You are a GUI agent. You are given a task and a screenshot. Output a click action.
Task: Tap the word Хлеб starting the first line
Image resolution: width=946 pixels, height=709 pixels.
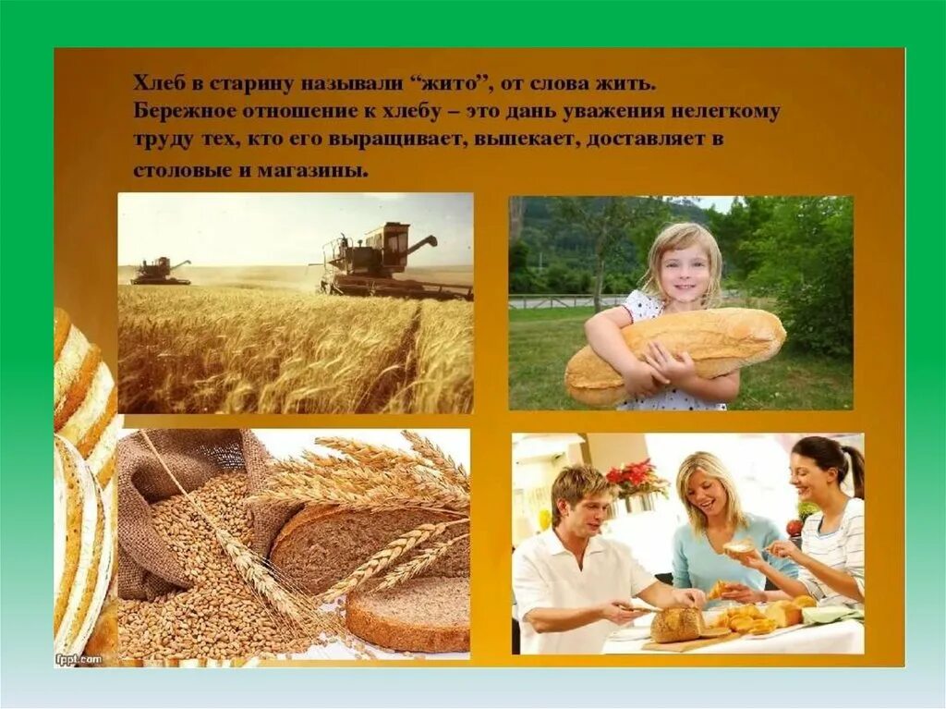(154, 83)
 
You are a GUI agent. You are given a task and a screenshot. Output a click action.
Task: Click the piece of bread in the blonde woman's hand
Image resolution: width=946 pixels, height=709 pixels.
(740, 547)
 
